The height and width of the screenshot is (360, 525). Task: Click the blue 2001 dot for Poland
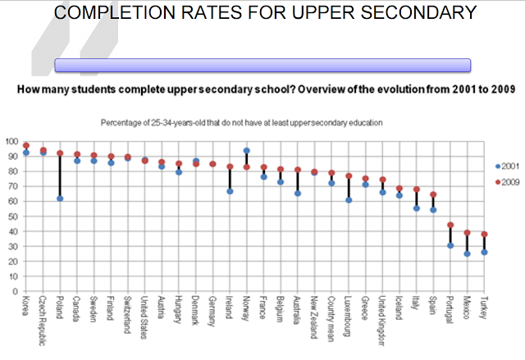[x=59, y=198]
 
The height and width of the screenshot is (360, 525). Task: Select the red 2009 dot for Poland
[x=59, y=153]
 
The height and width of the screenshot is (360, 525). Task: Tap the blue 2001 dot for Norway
[x=247, y=151]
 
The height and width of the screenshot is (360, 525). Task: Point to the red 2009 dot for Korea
[x=25, y=145]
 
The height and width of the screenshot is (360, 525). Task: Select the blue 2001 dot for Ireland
[x=230, y=191]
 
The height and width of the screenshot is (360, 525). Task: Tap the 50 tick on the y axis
[x=12, y=216]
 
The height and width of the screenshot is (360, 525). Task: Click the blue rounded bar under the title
[x=262, y=66]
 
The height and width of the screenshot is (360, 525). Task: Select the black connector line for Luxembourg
[x=349, y=188]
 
